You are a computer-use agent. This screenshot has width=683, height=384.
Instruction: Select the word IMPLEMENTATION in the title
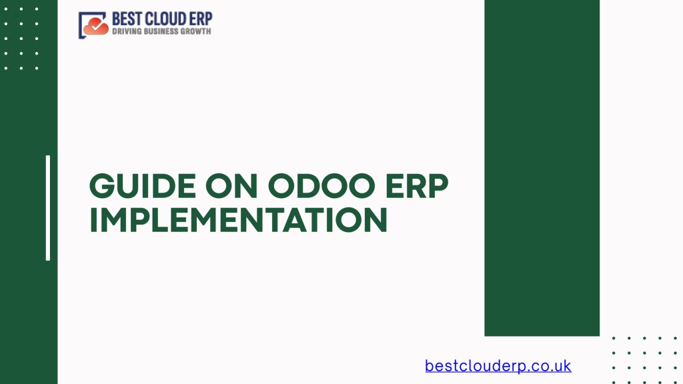point(238,220)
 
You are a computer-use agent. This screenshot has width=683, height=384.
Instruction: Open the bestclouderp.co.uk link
point(498,366)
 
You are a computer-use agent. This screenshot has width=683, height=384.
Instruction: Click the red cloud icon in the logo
point(96,27)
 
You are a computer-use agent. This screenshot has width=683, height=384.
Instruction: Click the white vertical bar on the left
point(48,208)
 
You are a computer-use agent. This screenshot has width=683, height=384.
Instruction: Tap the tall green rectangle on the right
point(542,168)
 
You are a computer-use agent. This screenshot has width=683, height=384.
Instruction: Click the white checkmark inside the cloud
point(97,26)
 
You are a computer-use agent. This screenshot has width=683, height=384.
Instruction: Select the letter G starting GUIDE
point(101,186)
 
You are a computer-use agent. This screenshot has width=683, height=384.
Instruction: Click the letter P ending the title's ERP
point(438,186)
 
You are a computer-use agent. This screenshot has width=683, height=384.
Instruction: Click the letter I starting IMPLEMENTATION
point(92,220)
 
